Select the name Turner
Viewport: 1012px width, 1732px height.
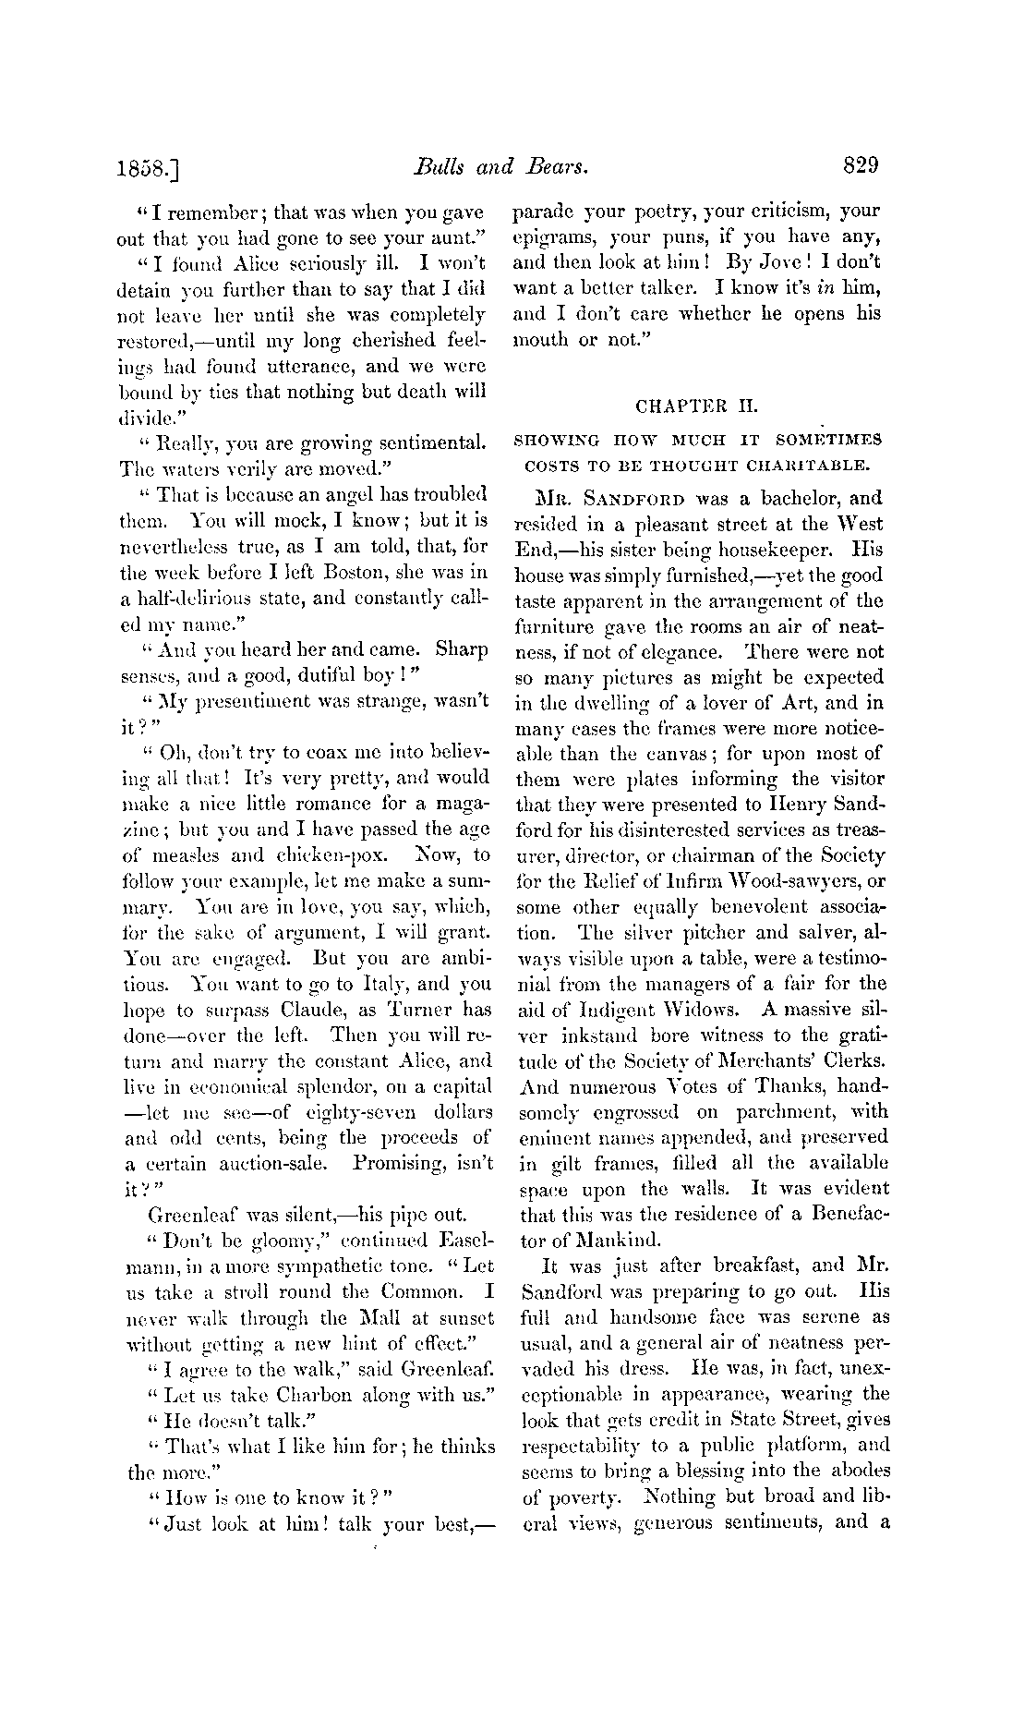click(418, 1010)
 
